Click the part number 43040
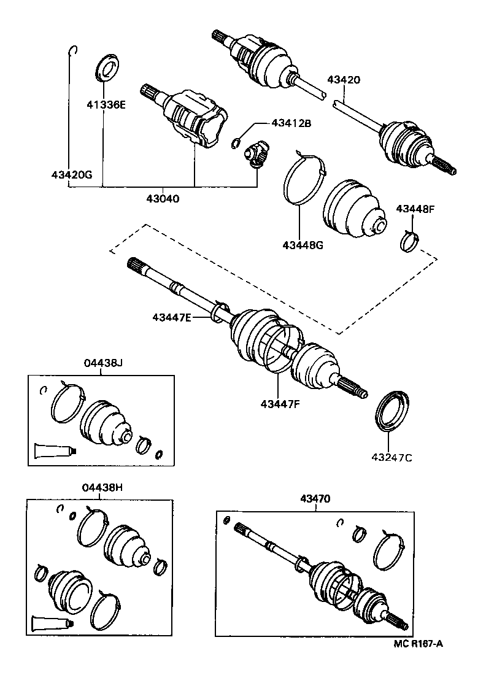coord(163,199)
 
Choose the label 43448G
coord(302,245)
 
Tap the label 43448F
coord(415,209)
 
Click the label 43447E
coord(172,317)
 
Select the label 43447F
coord(280,403)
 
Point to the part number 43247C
coord(391,457)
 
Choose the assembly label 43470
coord(315,499)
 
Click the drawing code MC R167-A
coord(418,644)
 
